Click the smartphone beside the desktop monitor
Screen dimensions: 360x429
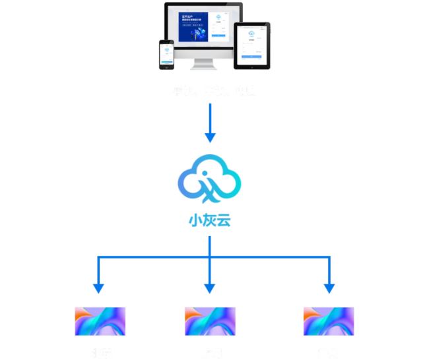coord(166,54)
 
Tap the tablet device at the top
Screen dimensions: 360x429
coord(252,45)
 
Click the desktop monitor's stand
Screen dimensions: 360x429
coord(203,63)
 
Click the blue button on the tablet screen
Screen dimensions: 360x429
coord(252,57)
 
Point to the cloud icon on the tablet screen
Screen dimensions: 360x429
coord(252,32)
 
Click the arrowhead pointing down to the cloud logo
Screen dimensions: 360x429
coord(210,137)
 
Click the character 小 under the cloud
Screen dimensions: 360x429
coord(195,220)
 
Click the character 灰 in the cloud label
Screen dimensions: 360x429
coord(209,220)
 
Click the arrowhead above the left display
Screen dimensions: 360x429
coord(98,288)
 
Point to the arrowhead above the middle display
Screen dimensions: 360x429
coord(210,288)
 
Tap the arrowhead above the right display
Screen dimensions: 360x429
coord(329,288)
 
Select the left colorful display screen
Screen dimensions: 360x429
coord(100,321)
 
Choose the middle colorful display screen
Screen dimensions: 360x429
coord(210,321)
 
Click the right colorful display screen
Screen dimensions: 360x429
coord(328,321)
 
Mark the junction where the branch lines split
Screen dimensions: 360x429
coord(210,256)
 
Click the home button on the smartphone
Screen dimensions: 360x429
coord(166,67)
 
